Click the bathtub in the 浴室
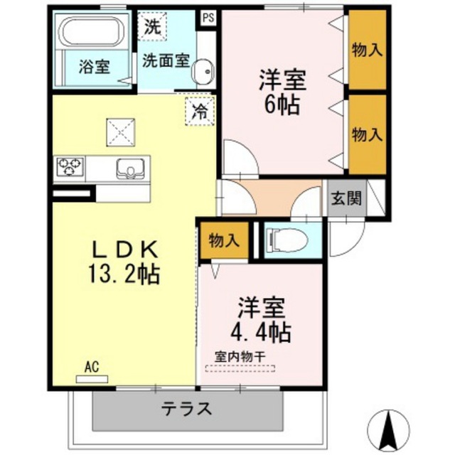coord(92,31)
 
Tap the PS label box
coord(208,18)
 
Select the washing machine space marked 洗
coord(152,26)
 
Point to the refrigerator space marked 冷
coord(200,111)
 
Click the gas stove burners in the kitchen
coord(70,166)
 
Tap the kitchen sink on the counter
coord(131,168)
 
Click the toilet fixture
coord(287,240)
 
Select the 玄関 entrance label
coord(346,198)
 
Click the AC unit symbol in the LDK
coord(92,379)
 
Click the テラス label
coord(186,409)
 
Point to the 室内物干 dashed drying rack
coord(240,368)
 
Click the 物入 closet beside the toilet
coord(225,240)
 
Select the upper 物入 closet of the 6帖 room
coord(368,50)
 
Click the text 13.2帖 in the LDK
coord(124,274)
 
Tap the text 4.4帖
coord(261,332)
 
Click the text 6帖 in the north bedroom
coord(282,105)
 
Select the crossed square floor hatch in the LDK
coord(121,132)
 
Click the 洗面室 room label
coord(166,60)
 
